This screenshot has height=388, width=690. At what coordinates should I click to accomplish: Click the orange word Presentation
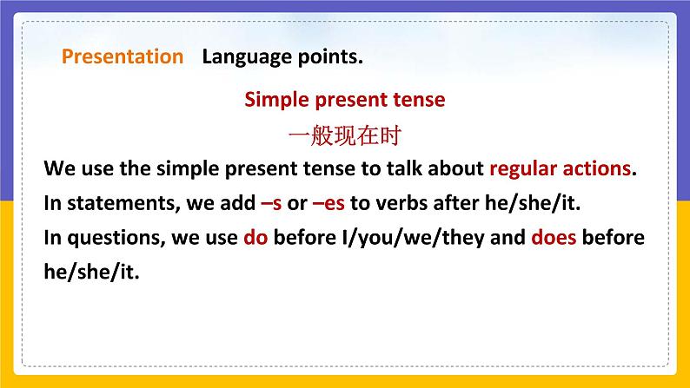click(x=123, y=56)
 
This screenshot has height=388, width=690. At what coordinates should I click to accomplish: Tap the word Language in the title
click(x=247, y=57)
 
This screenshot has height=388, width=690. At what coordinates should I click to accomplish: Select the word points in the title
click(x=330, y=56)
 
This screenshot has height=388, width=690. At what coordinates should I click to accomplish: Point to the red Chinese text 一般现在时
click(x=344, y=135)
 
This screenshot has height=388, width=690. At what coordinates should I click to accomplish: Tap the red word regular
click(x=523, y=169)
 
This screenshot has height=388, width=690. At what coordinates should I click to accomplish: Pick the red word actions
click(x=597, y=168)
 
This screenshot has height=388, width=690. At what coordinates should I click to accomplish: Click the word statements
click(x=123, y=203)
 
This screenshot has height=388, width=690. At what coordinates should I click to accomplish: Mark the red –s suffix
click(x=271, y=204)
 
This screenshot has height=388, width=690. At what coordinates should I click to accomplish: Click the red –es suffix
click(x=328, y=204)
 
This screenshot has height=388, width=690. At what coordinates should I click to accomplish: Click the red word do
click(x=255, y=237)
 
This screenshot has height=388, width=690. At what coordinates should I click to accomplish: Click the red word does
click(x=554, y=237)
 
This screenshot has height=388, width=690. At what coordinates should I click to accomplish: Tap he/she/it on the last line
click(x=91, y=272)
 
